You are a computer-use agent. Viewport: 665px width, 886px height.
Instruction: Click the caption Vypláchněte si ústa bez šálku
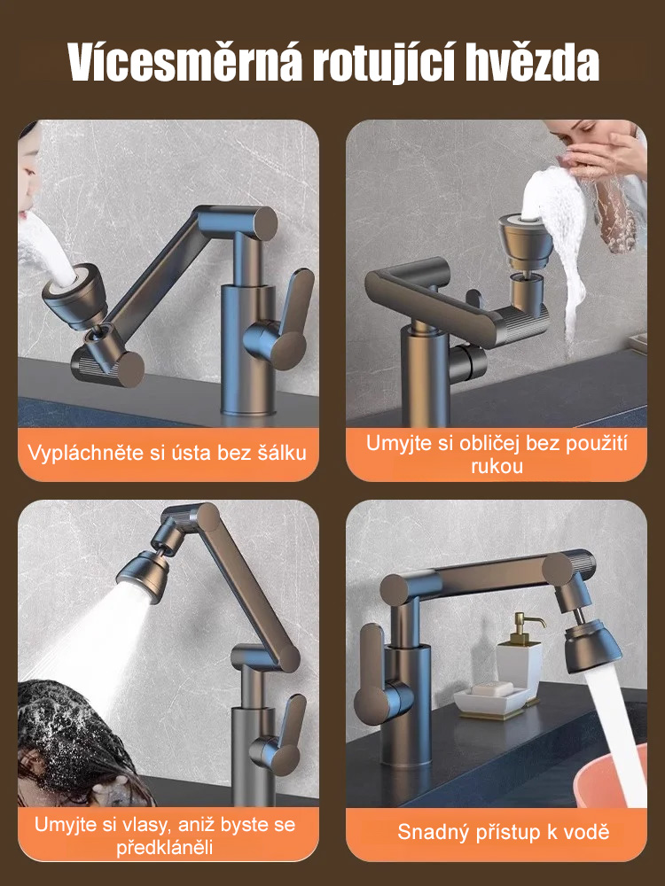click(168, 453)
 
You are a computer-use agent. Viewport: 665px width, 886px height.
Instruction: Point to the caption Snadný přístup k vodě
click(503, 832)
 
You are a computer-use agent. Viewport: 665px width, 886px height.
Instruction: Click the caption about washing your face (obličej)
click(497, 453)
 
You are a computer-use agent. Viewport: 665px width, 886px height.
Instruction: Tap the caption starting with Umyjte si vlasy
click(165, 835)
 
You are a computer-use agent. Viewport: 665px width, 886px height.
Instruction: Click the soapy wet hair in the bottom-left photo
click(71, 727)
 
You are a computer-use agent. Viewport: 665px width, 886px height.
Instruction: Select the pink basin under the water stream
click(612, 780)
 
